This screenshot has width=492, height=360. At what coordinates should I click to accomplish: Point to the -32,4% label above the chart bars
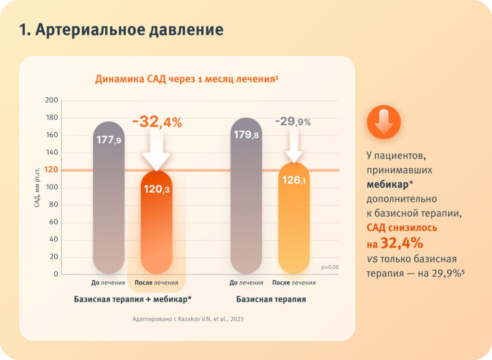(157, 122)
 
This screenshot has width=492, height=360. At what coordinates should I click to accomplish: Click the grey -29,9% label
(293, 122)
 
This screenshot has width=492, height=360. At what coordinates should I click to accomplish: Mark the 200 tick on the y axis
(51, 100)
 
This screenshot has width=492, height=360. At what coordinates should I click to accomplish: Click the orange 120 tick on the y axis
(51, 170)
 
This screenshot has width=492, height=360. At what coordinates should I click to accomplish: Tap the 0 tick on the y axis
(55, 274)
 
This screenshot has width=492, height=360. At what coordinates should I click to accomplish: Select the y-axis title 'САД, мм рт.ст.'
(37, 187)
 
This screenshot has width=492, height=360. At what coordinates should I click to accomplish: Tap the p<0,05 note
(330, 267)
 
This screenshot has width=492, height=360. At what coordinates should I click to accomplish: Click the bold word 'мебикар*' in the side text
(387, 184)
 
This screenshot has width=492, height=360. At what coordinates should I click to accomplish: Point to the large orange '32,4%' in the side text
(401, 243)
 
